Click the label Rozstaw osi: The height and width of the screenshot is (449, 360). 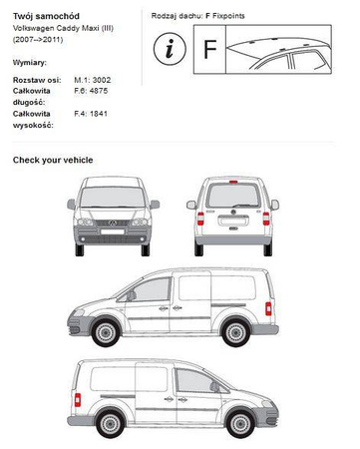[35, 78]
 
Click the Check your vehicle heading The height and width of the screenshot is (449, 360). [53, 160]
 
